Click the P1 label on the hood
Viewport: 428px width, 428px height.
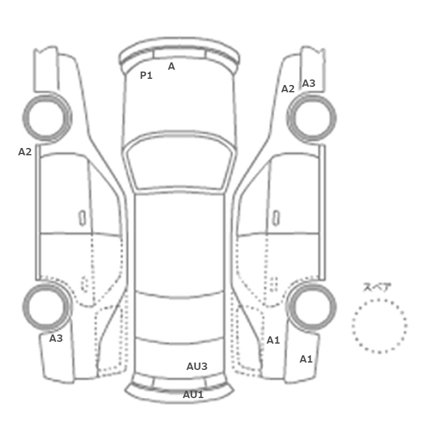coord(146,75)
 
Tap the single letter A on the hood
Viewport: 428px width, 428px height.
coord(171,66)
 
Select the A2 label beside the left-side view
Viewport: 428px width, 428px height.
coord(25,152)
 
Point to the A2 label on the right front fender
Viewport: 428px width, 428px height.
coord(288,89)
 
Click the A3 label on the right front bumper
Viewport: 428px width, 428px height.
coord(309,83)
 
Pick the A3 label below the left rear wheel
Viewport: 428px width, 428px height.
coord(56,339)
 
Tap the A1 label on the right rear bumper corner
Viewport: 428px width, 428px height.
coord(306,360)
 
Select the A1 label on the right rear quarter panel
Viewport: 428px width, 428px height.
coord(273,340)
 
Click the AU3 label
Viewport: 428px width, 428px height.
coord(197,366)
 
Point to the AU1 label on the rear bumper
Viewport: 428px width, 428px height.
coord(193,394)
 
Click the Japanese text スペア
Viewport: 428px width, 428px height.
coord(374,287)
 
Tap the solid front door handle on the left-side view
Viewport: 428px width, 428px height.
coord(82,218)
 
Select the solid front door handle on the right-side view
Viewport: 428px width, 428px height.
coord(276,218)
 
